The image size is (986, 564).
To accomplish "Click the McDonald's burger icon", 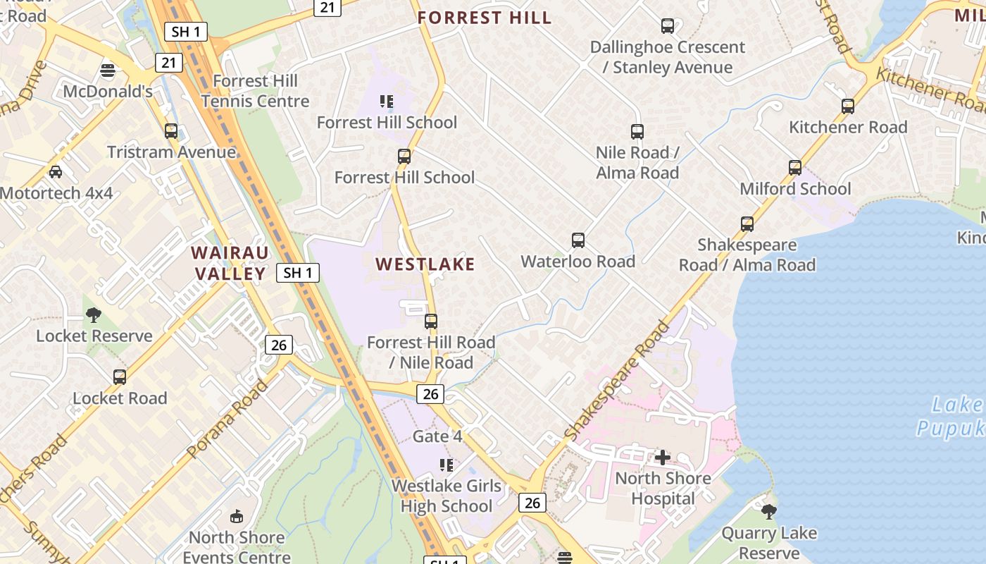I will [108, 70].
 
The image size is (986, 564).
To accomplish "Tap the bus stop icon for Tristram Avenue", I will [171, 131].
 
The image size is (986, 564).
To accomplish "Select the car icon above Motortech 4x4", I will [56, 171].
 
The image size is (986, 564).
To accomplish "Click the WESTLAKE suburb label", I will [425, 264].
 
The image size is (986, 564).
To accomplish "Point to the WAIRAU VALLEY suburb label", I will [230, 263].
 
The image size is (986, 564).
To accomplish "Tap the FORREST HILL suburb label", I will [485, 18].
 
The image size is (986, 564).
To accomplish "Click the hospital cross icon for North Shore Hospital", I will [662, 458].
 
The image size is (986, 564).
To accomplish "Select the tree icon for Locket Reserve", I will [93, 315].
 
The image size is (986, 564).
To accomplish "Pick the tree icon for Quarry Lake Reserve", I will [769, 511].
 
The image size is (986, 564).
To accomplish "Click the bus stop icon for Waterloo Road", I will [578, 240].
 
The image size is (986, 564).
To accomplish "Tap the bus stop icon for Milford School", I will [795, 168].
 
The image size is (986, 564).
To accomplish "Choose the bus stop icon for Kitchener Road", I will [848, 106].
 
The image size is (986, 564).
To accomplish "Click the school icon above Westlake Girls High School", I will [446, 465].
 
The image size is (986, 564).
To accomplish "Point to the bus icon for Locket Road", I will [120, 377].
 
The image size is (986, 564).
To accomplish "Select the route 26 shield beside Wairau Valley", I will [279, 345].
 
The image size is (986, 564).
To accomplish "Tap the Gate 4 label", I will [437, 436].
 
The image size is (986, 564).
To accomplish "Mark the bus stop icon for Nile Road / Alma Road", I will [637, 132].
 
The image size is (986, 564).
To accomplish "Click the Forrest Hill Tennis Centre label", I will [255, 91].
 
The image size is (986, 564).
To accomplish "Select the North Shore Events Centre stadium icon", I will [236, 517].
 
